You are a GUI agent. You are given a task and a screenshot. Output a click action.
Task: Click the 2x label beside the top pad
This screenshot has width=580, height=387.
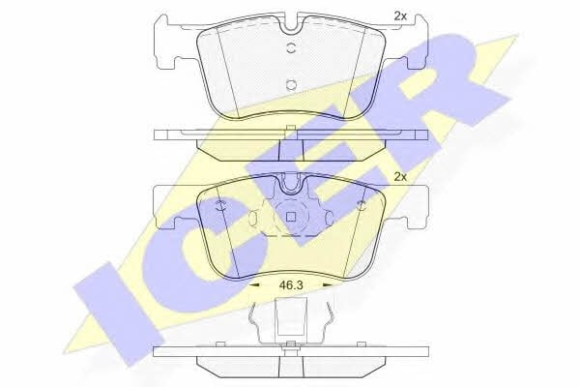tap(400, 16)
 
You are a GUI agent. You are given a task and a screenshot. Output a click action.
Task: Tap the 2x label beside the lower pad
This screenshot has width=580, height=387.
tap(400, 177)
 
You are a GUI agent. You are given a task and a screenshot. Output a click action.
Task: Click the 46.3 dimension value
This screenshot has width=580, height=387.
tap(291, 285)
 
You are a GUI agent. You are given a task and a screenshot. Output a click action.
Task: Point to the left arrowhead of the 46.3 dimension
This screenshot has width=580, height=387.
tap(254, 285)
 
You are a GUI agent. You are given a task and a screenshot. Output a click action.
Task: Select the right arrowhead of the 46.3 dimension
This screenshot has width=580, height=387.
tap(329, 285)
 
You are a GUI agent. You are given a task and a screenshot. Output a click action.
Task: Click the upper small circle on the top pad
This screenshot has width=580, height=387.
tap(292, 48)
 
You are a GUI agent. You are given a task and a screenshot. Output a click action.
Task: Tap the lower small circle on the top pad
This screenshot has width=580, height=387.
tap(292, 85)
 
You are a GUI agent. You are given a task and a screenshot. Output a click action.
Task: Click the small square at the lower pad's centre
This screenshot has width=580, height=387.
tap(291, 217)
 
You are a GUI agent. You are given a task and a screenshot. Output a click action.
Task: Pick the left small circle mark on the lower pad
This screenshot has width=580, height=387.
tap(220, 205)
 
